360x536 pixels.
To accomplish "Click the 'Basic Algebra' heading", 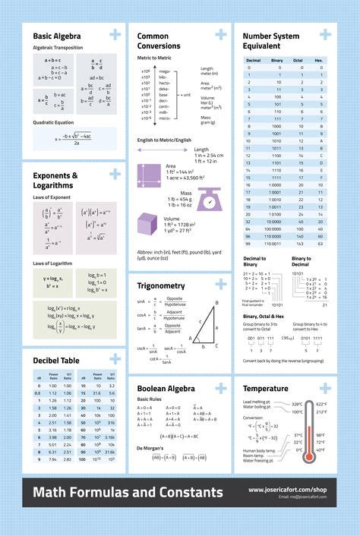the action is pos(57,35).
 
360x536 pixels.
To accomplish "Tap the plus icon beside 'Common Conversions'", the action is pos(221,34).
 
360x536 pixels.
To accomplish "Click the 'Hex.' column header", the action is pos(319,59).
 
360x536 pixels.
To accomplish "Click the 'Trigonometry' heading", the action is pos(161,285).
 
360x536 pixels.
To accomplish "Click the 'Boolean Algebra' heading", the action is pos(166,388).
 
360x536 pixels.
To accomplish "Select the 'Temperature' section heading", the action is pos(265,388).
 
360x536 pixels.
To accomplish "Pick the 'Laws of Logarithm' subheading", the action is pos(53,263).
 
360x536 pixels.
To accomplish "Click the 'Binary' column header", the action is pos(276,59).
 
